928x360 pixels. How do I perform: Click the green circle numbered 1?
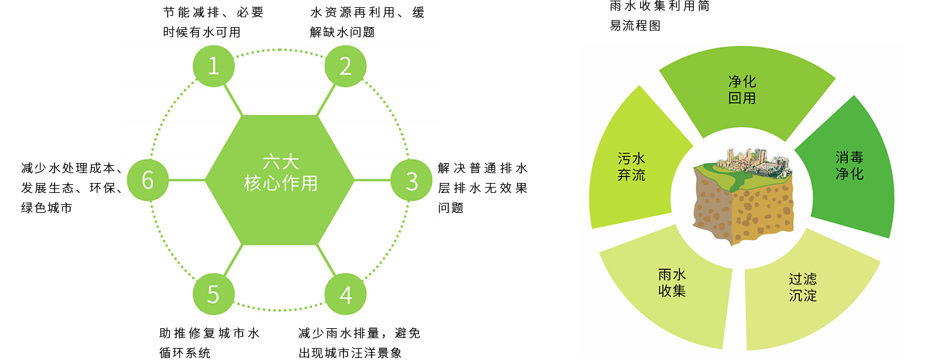[x=214, y=66]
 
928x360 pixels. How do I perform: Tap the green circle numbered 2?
[x=346, y=66]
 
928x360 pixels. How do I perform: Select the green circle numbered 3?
[x=411, y=180]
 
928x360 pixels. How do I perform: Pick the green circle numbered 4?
[x=346, y=294]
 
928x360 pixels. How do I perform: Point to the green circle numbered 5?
[x=214, y=294]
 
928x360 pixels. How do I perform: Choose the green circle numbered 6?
[x=148, y=180]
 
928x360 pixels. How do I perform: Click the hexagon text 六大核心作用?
[x=281, y=172]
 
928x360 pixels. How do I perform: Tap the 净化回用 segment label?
[x=742, y=90]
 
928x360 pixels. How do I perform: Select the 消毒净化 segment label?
[x=849, y=165]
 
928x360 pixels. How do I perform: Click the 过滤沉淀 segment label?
[x=803, y=287]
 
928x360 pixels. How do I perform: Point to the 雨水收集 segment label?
[x=671, y=282]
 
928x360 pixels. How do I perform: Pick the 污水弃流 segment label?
[x=631, y=166]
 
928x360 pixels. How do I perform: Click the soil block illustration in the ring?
[x=743, y=196]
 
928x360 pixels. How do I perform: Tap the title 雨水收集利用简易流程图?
[x=659, y=16]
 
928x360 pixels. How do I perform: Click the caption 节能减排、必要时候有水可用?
[x=213, y=22]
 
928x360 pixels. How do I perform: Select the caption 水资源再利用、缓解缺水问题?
[x=367, y=22]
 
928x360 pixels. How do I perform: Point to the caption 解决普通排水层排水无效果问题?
[x=483, y=188]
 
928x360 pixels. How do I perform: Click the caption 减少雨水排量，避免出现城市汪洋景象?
[x=359, y=343]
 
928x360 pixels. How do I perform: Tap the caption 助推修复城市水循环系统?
[x=209, y=343]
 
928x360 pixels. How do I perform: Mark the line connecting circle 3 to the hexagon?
[x=372, y=180]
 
